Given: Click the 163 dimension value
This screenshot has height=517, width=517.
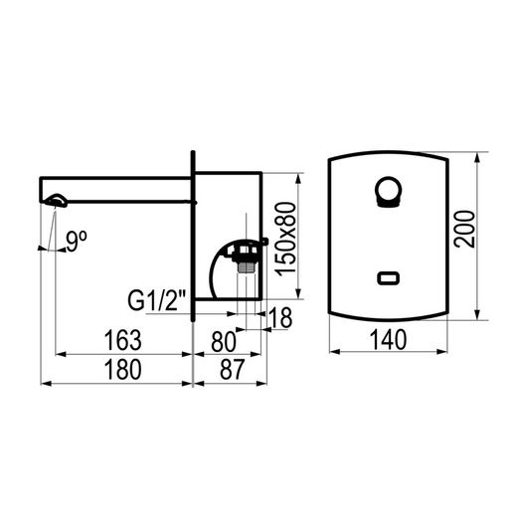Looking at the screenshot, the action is (122, 340).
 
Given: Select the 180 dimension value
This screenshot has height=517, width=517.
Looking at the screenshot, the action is (122, 370).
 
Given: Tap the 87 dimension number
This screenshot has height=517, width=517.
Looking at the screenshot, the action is (232, 369).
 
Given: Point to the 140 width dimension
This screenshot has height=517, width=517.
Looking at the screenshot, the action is (388, 340).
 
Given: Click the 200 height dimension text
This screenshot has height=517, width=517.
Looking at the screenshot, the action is (464, 229).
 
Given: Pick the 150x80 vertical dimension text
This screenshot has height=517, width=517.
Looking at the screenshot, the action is (285, 239).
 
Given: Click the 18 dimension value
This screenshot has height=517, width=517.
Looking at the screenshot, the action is (280, 317).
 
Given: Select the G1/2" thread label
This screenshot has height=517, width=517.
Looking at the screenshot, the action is (157, 300).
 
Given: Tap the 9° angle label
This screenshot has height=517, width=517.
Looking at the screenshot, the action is (77, 242).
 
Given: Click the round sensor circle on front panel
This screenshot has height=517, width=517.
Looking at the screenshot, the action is (388, 192).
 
